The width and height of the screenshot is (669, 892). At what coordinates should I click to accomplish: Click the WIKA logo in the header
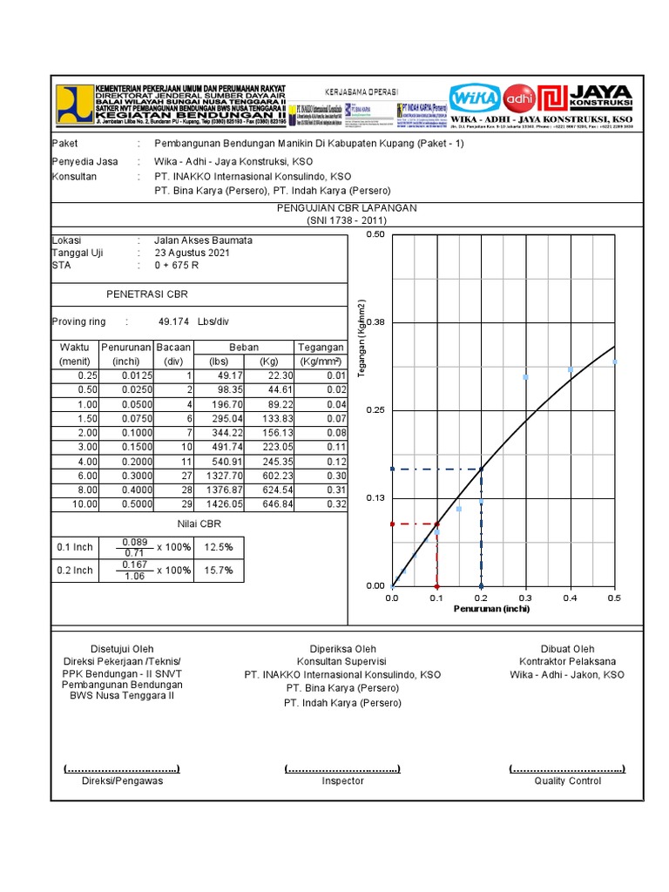coord(475,97)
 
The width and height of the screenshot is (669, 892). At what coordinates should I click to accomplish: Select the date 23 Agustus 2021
coord(193,253)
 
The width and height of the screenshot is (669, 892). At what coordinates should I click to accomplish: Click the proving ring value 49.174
coord(173,321)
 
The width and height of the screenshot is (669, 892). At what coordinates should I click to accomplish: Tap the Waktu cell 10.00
coord(74,504)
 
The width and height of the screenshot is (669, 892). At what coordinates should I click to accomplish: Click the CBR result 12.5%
coord(219,547)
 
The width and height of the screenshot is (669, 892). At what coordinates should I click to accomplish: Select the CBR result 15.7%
coord(219,570)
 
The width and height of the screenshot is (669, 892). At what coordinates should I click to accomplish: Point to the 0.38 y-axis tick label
coord(375,322)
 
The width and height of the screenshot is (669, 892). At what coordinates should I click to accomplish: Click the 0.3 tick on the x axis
coord(525,598)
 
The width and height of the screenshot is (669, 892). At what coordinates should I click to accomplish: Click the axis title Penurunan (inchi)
coord(491,609)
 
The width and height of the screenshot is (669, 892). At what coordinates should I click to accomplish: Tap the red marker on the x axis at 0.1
coord(436,585)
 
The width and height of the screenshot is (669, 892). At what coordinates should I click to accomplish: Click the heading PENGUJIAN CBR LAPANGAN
coord(347,208)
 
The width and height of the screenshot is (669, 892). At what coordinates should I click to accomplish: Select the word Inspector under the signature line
coord(342,781)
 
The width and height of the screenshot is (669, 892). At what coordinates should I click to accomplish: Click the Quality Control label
coord(567,781)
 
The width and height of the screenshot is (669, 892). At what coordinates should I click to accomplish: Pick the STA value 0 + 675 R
coord(177,266)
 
